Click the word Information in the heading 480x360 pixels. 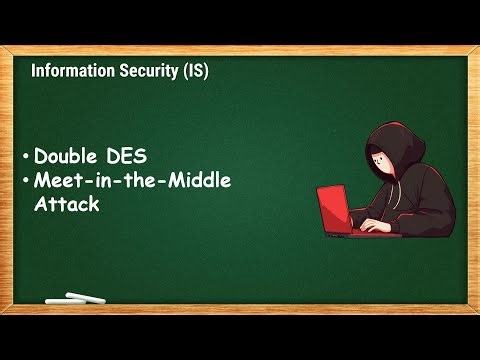pyautogui.click(x=70, y=72)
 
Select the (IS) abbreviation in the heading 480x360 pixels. pyautogui.click(x=192, y=72)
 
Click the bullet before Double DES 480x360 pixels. pyautogui.click(x=25, y=157)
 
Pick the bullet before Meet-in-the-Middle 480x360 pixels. pyautogui.click(x=25, y=180)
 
